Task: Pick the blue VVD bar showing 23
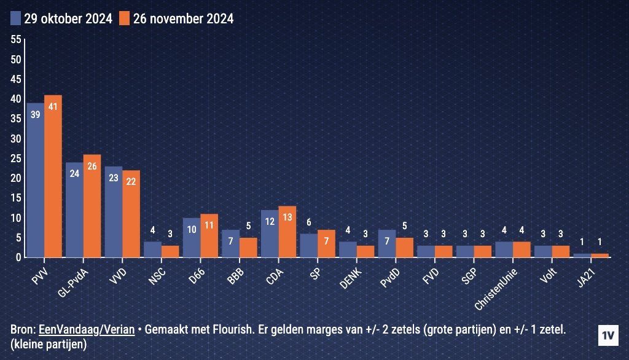coord(114,212)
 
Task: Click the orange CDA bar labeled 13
coord(287,232)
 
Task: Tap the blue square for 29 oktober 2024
coord(16,18)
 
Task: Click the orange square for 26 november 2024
coord(125,18)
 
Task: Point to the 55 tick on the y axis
coord(17,39)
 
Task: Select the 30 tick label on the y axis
coord(17,139)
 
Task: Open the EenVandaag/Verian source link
coord(87,330)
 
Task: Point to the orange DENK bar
coord(365,251)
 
